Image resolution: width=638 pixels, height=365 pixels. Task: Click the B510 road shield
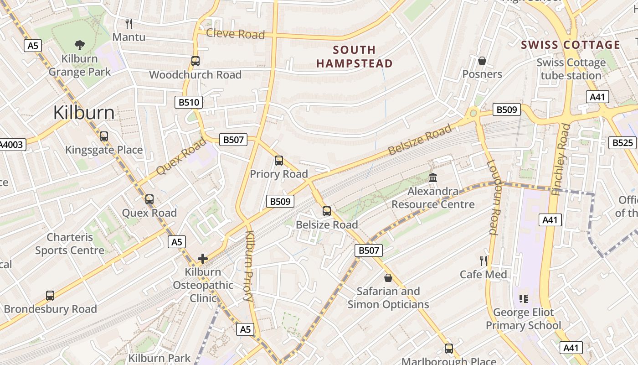tap(189, 102)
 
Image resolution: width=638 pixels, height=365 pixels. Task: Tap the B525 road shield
tap(623, 143)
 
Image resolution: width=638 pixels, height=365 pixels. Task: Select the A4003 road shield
tap(12, 145)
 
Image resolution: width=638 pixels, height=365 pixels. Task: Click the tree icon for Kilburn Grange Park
tap(80, 45)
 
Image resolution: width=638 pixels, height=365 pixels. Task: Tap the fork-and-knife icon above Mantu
tap(129, 23)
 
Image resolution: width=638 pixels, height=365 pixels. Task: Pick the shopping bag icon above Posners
tap(482, 61)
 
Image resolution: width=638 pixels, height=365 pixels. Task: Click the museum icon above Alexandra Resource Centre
tap(433, 177)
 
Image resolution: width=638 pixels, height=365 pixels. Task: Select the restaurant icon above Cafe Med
tap(483, 261)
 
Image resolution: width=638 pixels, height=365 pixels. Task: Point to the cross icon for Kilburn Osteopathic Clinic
tap(203, 259)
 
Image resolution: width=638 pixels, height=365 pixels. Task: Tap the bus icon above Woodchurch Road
tap(196, 61)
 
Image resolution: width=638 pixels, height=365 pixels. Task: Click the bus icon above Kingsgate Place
tap(104, 136)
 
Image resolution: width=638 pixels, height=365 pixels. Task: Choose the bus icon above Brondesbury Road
tap(50, 295)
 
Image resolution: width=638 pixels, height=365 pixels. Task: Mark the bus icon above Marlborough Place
tap(449, 349)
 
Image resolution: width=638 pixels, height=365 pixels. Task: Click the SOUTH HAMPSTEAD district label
tap(355, 57)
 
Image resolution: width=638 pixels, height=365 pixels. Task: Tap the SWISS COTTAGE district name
tap(571, 45)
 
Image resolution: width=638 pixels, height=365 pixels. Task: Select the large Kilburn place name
tap(84, 113)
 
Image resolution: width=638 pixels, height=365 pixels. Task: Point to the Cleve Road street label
tap(235, 34)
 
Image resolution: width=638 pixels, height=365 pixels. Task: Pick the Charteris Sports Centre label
tap(70, 244)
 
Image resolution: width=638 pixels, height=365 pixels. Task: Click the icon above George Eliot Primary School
tap(524, 299)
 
